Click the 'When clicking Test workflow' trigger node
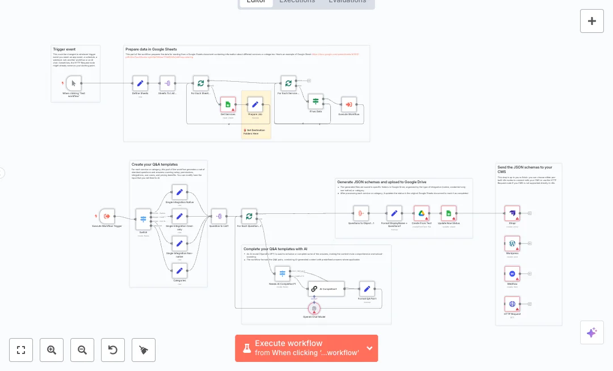[x=74, y=83]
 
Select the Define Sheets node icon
[x=140, y=83]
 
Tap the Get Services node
[x=228, y=104]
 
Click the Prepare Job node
[x=255, y=104]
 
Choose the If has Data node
[x=316, y=102]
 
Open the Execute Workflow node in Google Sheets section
[x=349, y=104]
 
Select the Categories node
[x=179, y=271]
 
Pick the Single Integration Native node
[x=179, y=192]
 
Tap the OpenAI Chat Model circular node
[x=314, y=308]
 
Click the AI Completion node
[x=326, y=289]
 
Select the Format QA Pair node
[x=367, y=289]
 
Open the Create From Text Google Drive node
[x=422, y=213]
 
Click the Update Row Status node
[x=448, y=213]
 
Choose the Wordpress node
[x=512, y=243]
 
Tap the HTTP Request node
[x=512, y=304]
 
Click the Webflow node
[x=512, y=274]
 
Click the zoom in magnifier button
[x=52, y=350]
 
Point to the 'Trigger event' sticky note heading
[x=64, y=49]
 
